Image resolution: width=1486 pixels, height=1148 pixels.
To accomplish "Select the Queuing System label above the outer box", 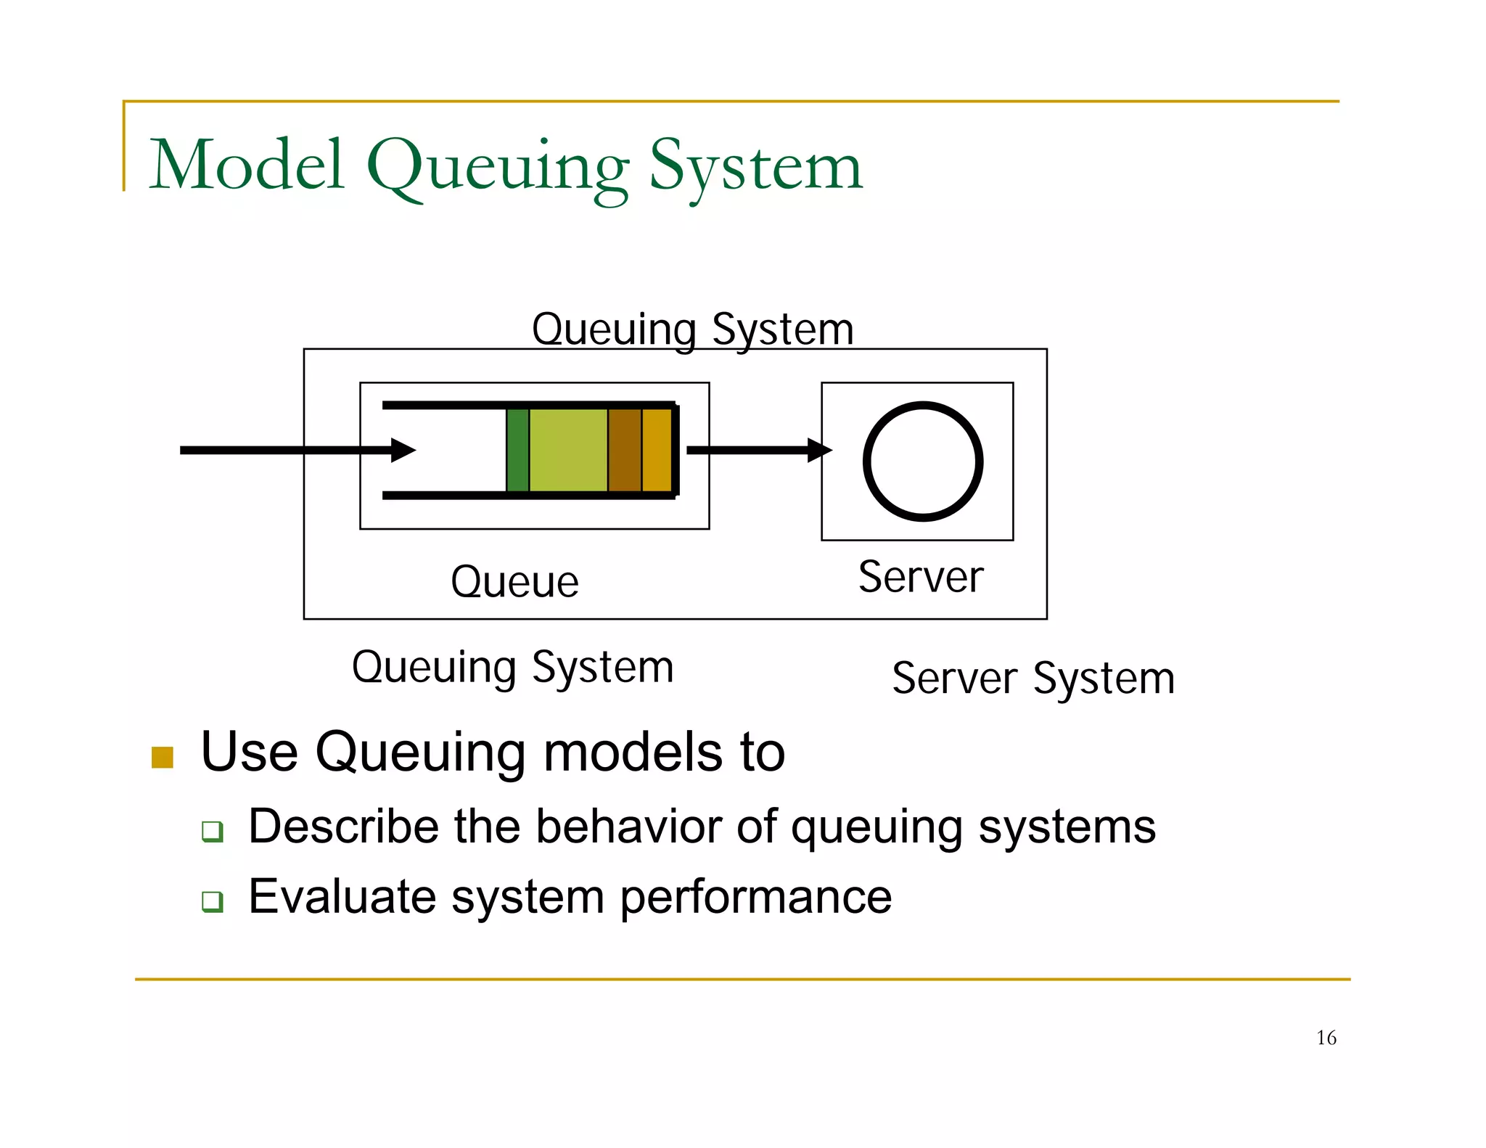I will (692, 329).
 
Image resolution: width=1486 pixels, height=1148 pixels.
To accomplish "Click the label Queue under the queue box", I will (514, 582).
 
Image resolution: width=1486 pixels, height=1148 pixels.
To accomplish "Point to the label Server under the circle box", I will (921, 578).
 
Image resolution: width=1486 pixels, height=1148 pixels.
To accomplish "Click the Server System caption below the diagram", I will (1033, 679).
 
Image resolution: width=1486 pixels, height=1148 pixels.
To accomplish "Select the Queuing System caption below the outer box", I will (512, 668).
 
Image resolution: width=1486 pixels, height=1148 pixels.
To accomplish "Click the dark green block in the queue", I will (517, 450).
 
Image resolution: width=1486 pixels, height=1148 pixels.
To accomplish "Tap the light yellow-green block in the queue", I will (568, 450).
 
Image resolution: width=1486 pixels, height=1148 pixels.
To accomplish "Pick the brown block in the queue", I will (624, 450).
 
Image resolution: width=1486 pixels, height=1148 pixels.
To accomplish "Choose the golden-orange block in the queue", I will (657, 450).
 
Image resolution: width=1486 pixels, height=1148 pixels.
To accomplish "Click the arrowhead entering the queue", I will (403, 450).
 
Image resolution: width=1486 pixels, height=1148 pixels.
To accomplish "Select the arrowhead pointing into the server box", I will (819, 450).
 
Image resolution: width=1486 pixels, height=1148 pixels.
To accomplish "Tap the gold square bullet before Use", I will (163, 757).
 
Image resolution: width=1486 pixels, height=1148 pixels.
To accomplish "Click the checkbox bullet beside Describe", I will (213, 831).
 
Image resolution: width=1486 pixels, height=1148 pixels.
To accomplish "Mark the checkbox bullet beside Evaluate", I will (213, 901).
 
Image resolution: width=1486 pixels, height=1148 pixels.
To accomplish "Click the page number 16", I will (1326, 1038).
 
